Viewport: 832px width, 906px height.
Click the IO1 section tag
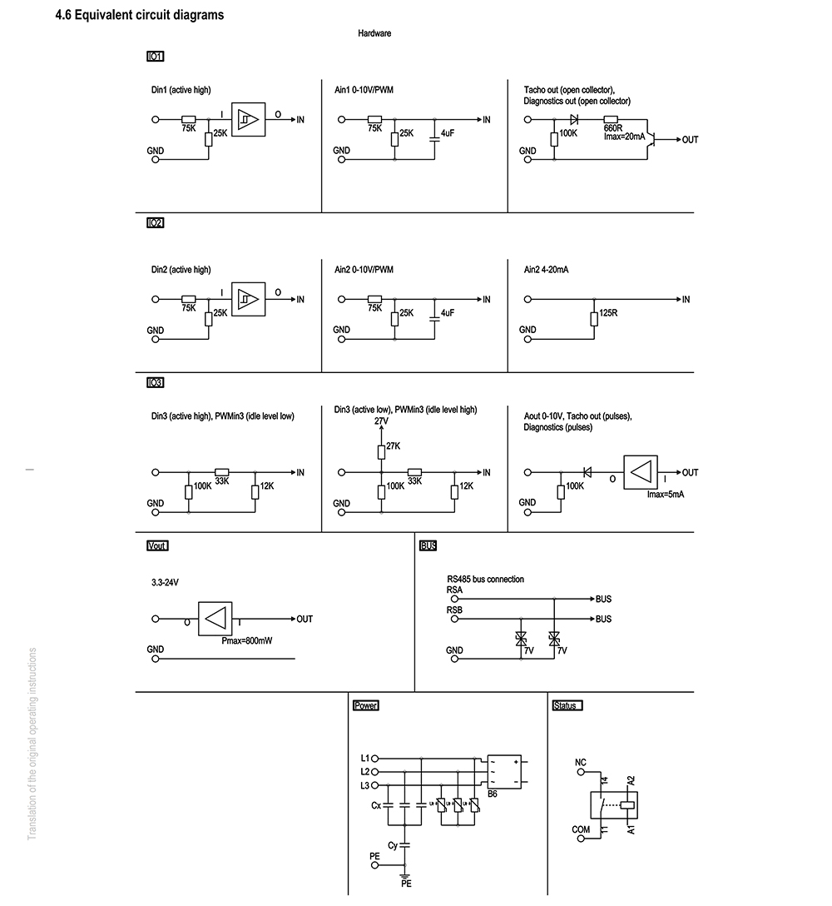[x=156, y=56]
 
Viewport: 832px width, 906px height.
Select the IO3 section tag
[x=156, y=382]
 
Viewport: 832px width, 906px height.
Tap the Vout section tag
[x=157, y=545]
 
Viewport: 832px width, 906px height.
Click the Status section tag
[x=567, y=705]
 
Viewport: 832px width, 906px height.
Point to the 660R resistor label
[x=613, y=128]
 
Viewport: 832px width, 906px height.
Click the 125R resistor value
[x=608, y=312]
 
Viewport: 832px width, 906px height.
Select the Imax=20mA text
[x=625, y=137]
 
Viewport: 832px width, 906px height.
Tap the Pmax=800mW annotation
[x=247, y=641]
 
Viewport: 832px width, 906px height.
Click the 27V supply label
[x=381, y=421]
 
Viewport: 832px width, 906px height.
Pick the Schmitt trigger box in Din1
[x=248, y=120]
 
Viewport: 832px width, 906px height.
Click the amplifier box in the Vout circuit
[x=215, y=619]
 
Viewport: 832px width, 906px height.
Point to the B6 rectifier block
[x=504, y=772]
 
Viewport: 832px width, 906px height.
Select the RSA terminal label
[x=454, y=590]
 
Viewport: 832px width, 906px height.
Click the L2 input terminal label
[x=365, y=772]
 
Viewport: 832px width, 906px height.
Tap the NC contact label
[x=580, y=763]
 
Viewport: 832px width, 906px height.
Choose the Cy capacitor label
[x=393, y=845]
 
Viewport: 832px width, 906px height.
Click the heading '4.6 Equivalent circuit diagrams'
[x=140, y=15]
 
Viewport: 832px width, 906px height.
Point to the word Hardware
[x=374, y=33]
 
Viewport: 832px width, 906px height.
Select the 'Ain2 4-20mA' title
[x=546, y=270]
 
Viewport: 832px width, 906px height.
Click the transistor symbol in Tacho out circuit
[x=651, y=139]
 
